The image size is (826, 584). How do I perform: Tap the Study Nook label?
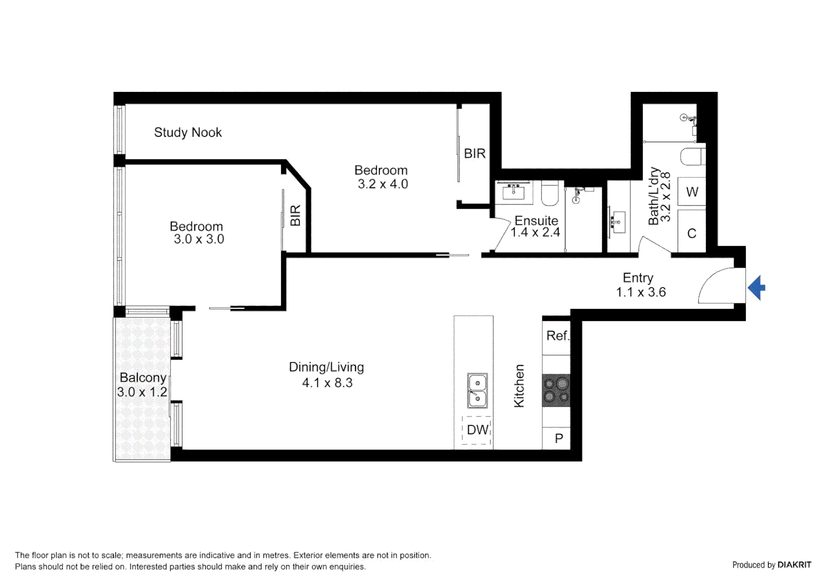(x=188, y=132)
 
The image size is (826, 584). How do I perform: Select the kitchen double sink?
(x=477, y=390)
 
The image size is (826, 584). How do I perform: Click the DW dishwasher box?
(x=477, y=430)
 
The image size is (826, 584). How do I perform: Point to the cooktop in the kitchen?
(x=556, y=390)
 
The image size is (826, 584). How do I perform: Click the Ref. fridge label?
(x=557, y=336)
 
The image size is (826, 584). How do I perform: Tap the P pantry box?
(x=558, y=439)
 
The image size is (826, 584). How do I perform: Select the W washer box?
(x=692, y=192)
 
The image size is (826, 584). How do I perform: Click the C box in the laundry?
(x=691, y=234)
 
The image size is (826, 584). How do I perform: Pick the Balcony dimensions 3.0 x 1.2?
(x=142, y=392)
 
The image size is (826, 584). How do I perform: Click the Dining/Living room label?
(x=326, y=367)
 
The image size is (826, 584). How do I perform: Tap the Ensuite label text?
(x=536, y=221)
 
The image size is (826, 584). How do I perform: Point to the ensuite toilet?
(x=550, y=193)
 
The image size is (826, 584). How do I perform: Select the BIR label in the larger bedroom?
(x=475, y=154)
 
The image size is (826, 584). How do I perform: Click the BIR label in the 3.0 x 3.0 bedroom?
(x=295, y=215)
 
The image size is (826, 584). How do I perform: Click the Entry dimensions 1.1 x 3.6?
(x=641, y=293)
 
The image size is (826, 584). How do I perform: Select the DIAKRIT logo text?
(x=794, y=565)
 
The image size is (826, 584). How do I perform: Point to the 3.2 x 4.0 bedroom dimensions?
(x=382, y=184)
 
